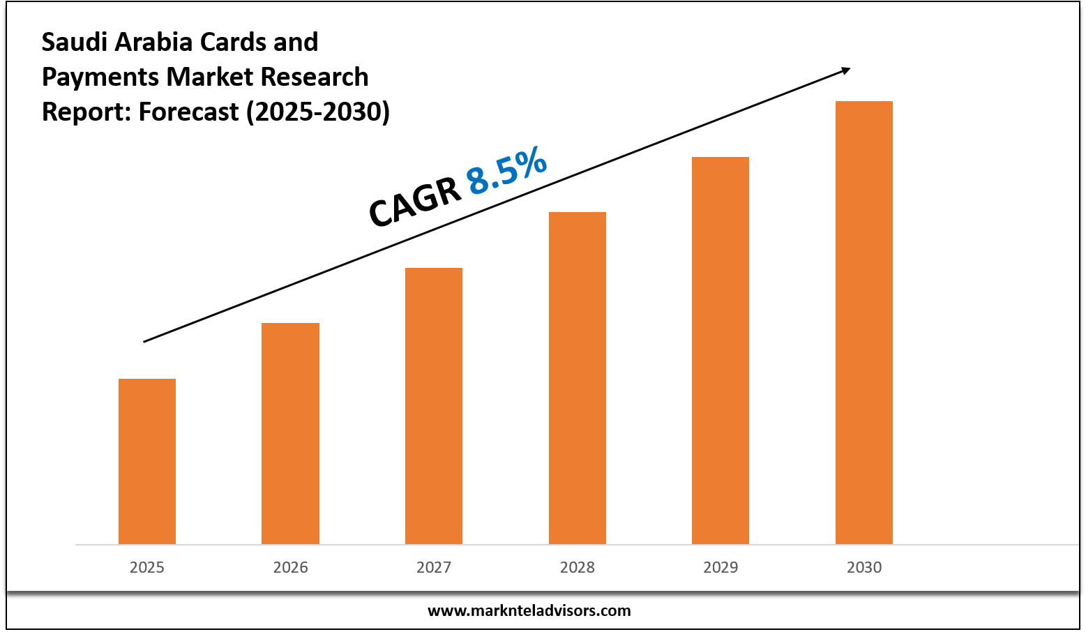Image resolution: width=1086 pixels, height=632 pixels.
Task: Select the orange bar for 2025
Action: [147, 461]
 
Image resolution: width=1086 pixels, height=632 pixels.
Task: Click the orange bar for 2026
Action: [290, 433]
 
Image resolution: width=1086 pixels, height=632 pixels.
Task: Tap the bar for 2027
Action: [434, 406]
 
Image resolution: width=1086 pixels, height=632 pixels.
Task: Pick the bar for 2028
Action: [578, 378]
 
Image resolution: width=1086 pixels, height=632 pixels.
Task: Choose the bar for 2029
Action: [721, 350]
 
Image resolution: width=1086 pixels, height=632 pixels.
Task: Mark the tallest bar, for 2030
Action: [864, 322]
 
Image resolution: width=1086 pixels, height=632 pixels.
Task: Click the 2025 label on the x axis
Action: [147, 567]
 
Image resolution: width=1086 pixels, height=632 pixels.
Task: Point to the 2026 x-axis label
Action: [290, 567]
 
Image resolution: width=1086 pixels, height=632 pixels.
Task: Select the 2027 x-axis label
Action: [434, 567]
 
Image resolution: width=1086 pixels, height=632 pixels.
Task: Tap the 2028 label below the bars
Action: [578, 567]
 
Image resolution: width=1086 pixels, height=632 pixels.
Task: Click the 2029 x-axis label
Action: [721, 567]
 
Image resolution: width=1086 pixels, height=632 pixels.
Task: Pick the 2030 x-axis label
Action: [864, 567]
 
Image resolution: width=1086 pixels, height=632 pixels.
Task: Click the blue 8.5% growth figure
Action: [506, 170]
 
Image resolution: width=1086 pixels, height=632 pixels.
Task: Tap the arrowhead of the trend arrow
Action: [845, 70]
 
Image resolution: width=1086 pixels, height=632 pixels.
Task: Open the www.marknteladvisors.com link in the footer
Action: [529, 611]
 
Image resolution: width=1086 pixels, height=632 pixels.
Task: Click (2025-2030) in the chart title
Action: [317, 112]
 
